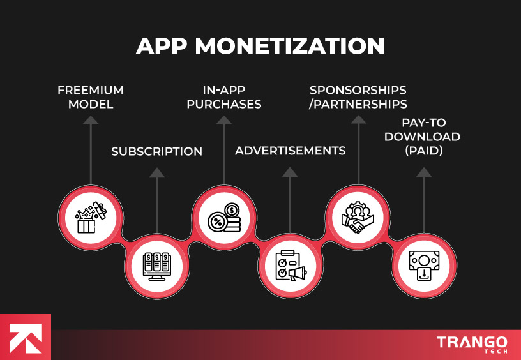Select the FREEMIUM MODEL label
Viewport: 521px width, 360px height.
click(x=90, y=97)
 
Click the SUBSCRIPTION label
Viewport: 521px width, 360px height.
click(x=156, y=152)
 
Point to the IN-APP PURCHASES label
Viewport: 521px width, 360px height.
click(x=223, y=97)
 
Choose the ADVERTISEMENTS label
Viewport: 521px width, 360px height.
click(x=291, y=151)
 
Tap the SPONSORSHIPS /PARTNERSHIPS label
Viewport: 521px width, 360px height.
click(x=358, y=97)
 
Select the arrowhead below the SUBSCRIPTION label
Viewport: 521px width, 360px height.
click(x=156, y=172)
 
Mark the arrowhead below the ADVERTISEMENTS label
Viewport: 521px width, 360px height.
click(x=291, y=172)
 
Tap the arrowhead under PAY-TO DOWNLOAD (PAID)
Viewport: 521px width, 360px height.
click(x=424, y=172)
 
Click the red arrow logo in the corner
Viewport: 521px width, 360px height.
click(x=26, y=338)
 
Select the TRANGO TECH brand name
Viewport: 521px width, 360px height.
click(x=472, y=345)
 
